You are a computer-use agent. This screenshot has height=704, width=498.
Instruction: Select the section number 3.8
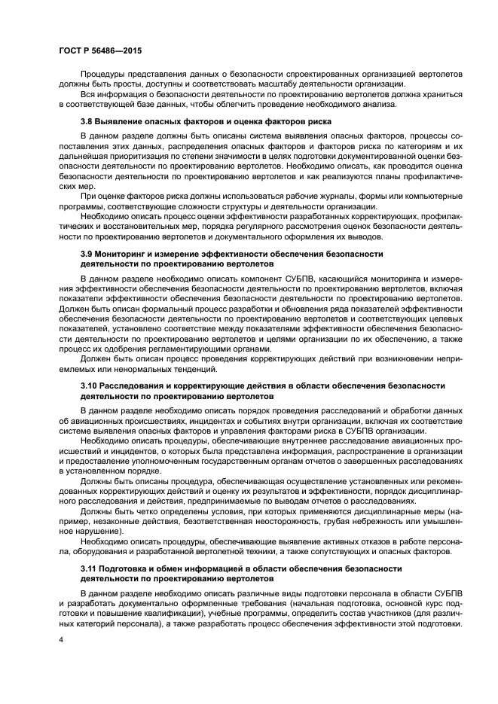click(87, 121)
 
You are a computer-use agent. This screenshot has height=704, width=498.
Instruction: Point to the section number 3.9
click(87, 254)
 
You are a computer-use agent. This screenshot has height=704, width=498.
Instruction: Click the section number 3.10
click(90, 386)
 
